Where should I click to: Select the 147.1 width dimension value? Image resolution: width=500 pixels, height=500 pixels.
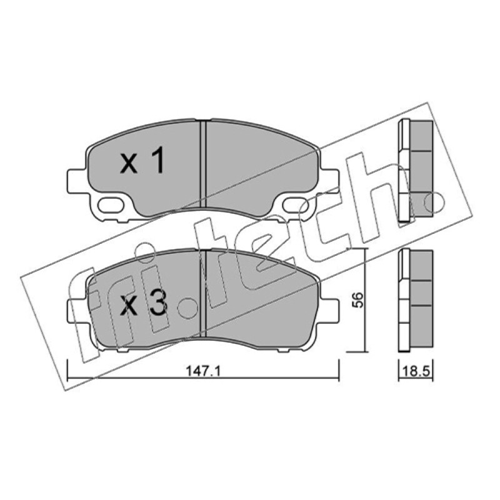pyautogui.click(x=203, y=371)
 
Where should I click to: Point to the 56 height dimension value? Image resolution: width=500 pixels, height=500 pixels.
pyautogui.click(x=359, y=300)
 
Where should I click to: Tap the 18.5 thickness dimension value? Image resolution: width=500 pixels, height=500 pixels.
pyautogui.click(x=416, y=371)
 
